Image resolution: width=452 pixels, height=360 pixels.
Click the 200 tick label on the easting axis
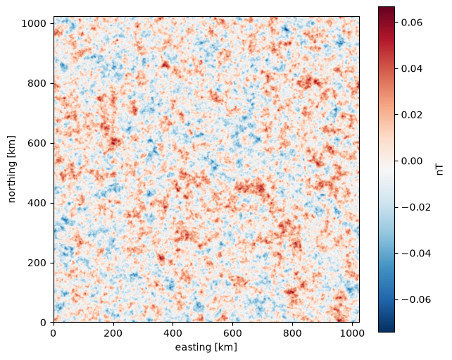(x=113, y=333)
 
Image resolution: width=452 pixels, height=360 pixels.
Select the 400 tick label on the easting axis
(x=172, y=333)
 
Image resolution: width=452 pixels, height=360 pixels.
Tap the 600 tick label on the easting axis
(x=232, y=333)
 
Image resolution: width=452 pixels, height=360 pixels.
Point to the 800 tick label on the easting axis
(x=292, y=333)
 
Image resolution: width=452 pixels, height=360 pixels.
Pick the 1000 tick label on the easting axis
(x=352, y=333)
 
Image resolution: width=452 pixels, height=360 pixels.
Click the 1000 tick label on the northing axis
(x=34, y=24)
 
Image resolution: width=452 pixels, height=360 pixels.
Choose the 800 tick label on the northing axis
(x=37, y=83)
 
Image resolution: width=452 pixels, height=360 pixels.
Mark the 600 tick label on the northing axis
(x=37, y=143)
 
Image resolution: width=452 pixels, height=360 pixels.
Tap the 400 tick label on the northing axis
(x=37, y=203)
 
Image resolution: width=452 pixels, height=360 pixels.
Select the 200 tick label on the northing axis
(x=37, y=263)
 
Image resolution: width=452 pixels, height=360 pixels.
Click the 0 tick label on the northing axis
(x=43, y=323)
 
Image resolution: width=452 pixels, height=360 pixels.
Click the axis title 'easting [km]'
(x=206, y=347)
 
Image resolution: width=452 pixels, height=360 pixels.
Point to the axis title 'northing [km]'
(x=12, y=169)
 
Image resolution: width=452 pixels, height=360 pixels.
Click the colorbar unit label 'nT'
(x=440, y=169)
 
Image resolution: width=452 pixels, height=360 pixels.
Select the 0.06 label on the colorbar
(x=412, y=23)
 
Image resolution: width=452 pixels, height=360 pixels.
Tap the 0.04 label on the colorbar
(x=412, y=68)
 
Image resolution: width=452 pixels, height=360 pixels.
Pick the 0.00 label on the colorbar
(x=412, y=161)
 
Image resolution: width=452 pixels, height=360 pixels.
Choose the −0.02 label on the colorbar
(x=416, y=207)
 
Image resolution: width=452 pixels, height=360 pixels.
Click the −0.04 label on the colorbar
(x=416, y=254)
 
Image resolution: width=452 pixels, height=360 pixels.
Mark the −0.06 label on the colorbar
(x=416, y=299)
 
